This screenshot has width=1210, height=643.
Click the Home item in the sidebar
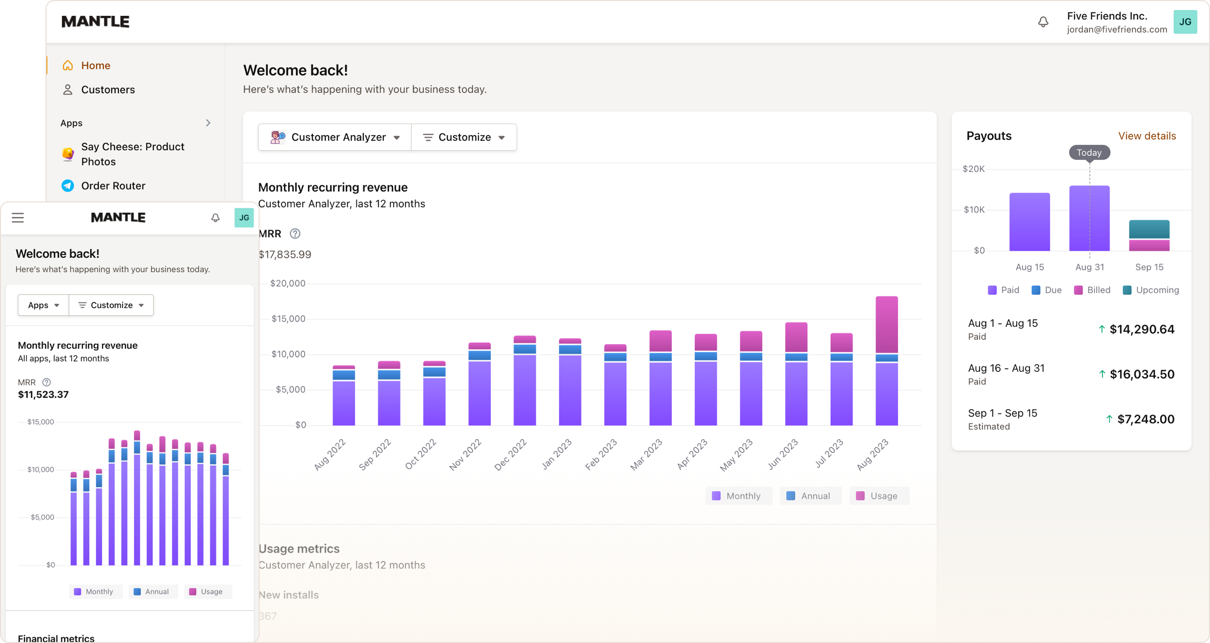pyautogui.click(x=95, y=65)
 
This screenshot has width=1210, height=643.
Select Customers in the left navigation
pyautogui.click(x=108, y=90)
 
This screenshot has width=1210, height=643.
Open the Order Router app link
pyautogui.click(x=113, y=186)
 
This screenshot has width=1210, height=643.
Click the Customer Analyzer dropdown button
pyautogui.click(x=335, y=138)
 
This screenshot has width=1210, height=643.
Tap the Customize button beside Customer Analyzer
pyautogui.click(x=464, y=138)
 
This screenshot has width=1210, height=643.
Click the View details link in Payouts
pyautogui.click(x=1147, y=136)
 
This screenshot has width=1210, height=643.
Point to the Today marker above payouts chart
pyautogui.click(x=1089, y=153)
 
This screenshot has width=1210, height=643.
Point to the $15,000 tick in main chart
pyautogui.click(x=288, y=319)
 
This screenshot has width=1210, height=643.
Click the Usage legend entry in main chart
pyautogui.click(x=879, y=496)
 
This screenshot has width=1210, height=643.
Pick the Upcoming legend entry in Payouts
pyautogui.click(x=1151, y=290)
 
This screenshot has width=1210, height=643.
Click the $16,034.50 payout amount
pyautogui.click(x=1142, y=374)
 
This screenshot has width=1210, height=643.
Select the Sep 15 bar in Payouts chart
pyautogui.click(x=1149, y=236)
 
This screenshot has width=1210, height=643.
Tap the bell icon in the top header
pyautogui.click(x=1043, y=22)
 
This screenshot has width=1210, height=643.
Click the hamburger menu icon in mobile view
pyautogui.click(x=18, y=218)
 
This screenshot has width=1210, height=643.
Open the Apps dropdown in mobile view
pyautogui.click(x=43, y=305)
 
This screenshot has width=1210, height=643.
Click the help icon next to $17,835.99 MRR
pyautogui.click(x=295, y=234)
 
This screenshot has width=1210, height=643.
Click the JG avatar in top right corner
pyautogui.click(x=1185, y=22)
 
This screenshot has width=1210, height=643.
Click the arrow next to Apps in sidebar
pyautogui.click(x=208, y=123)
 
